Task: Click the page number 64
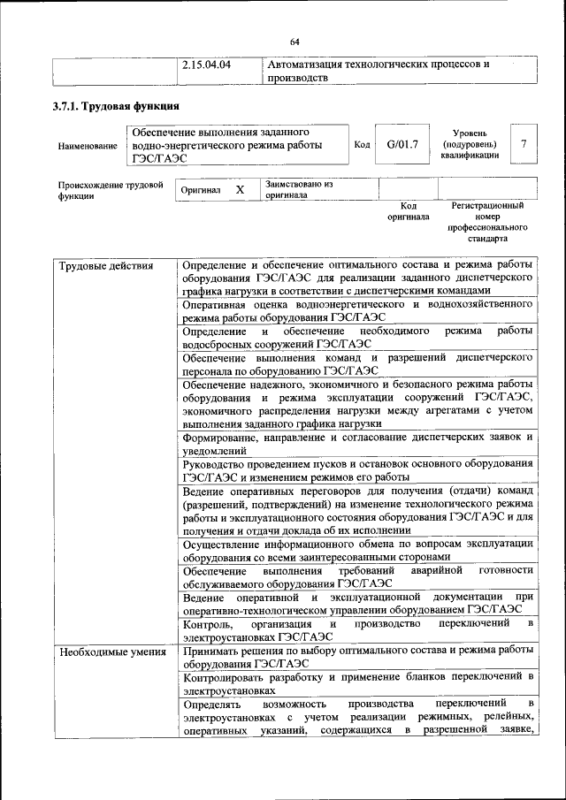294,41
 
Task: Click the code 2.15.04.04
206,65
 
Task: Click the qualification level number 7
524,144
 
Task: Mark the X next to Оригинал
240,190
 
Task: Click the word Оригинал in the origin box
200,190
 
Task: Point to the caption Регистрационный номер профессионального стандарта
487,222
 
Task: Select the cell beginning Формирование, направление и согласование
357,443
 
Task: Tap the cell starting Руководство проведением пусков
357,470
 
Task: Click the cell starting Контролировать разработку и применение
357,683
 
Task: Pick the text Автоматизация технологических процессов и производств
378,71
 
